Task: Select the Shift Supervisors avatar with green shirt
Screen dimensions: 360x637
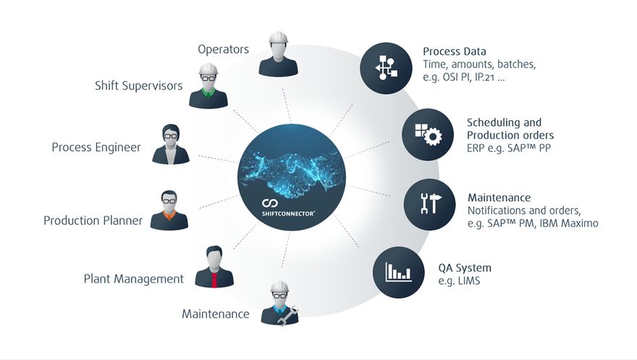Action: tap(208, 86)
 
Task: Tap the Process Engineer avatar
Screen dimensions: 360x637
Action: tap(172, 144)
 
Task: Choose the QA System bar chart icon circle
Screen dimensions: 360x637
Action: tap(398, 271)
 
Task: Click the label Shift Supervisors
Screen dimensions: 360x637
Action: tap(138, 86)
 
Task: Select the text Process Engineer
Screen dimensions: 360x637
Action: tap(96, 148)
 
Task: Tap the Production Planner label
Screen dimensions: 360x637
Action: tap(93, 220)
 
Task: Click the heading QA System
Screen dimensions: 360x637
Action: tap(464, 268)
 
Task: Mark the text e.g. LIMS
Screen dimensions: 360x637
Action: tap(459, 281)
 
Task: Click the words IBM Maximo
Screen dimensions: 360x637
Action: tap(570, 223)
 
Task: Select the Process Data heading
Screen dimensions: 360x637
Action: tap(454, 51)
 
